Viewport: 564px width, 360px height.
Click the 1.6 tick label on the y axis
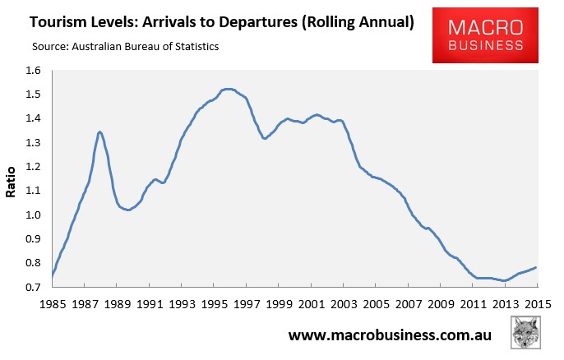click(x=34, y=71)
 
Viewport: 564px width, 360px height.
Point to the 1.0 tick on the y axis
click(x=34, y=215)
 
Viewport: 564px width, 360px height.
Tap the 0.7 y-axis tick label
click(x=34, y=287)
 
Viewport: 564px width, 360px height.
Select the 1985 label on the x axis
click(x=53, y=304)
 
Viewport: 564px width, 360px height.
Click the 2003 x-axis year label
click(x=344, y=304)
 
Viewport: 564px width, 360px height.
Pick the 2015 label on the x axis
click(x=538, y=304)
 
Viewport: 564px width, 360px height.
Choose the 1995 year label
click(x=215, y=304)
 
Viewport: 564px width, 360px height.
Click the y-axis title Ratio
click(x=11, y=182)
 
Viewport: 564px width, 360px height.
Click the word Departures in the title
click(x=258, y=23)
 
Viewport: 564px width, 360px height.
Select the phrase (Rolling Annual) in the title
click(x=358, y=23)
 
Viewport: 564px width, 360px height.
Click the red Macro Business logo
click(x=485, y=35)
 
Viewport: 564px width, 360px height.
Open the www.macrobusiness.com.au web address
click(x=390, y=335)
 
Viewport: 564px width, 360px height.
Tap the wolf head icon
click(x=525, y=332)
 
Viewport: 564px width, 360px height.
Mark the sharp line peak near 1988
click(x=99, y=132)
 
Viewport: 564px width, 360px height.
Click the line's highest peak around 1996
click(x=228, y=89)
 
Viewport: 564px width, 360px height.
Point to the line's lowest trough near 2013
click(x=505, y=280)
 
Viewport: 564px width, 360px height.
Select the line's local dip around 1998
click(x=265, y=138)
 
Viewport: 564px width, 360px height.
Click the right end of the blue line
click(x=536, y=267)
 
